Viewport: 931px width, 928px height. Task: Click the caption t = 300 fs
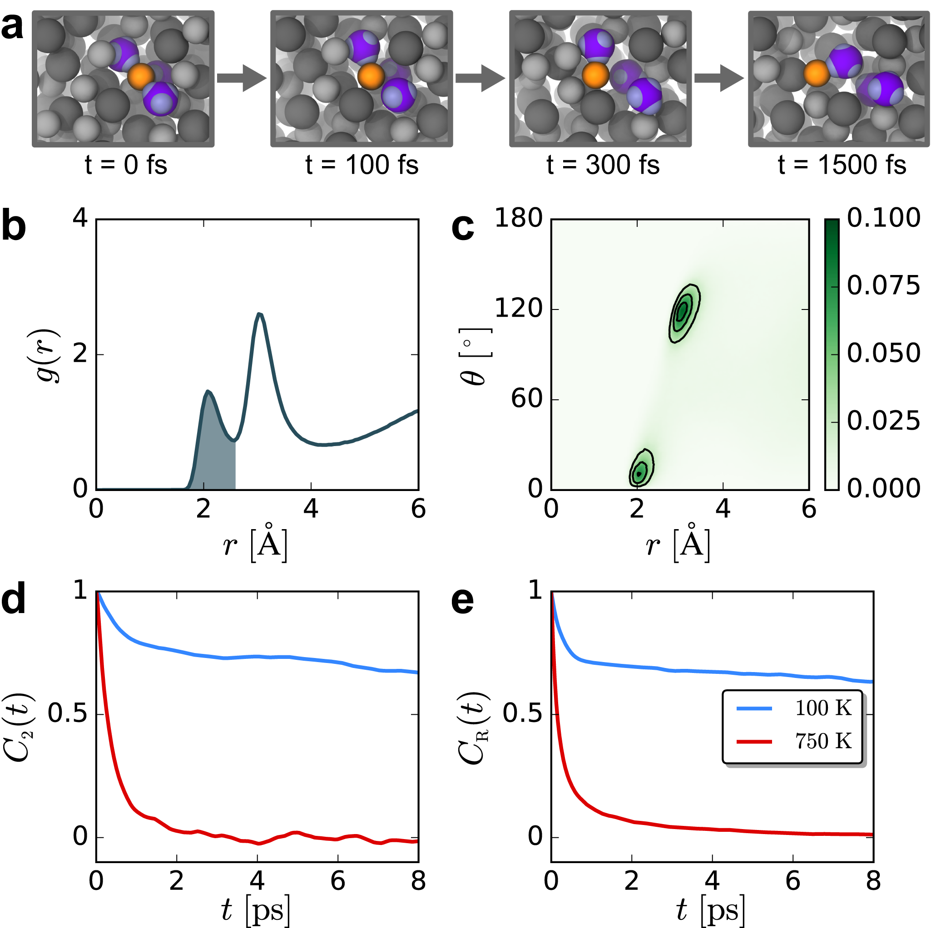click(602, 165)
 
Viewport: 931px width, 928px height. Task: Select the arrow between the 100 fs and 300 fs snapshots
click(480, 78)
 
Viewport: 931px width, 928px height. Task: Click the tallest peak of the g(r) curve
click(260, 314)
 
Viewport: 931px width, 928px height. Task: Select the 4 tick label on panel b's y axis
click(80, 218)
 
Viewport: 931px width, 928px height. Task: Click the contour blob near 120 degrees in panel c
click(684, 313)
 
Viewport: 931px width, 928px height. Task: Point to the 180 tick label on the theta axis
click(519, 218)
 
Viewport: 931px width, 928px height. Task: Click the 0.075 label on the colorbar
click(883, 286)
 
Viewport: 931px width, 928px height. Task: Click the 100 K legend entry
click(822, 708)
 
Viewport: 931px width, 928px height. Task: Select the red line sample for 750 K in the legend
click(754, 741)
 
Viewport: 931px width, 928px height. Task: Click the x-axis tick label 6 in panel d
click(338, 881)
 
